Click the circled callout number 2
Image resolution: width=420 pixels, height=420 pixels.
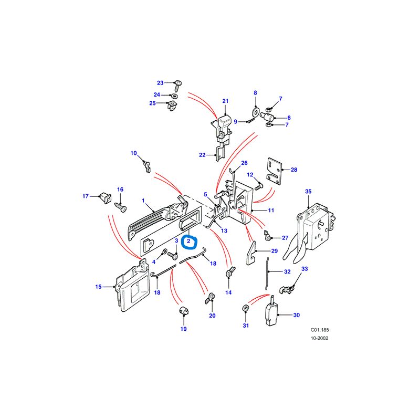coord(188,241)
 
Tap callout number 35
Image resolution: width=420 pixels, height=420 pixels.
coord(308,192)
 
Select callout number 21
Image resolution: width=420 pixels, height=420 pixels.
coord(226,101)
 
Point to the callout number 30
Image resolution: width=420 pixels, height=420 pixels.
coord(296,316)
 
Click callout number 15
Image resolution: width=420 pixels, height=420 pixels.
coord(98,287)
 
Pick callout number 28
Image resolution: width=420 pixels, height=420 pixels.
coord(294,170)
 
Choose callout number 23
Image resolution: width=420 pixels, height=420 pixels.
coord(161,82)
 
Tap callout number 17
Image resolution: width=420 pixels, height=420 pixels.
coord(86,197)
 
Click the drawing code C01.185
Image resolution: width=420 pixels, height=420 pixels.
coord(319,330)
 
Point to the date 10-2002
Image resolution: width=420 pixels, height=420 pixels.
coord(319,339)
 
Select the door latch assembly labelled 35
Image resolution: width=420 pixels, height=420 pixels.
coord(315,226)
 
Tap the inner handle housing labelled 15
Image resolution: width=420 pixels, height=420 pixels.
coord(131,289)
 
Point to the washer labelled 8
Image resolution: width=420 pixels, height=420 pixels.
coord(256,112)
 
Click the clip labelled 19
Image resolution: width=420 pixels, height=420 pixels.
coord(184,311)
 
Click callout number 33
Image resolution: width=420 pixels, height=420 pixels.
coord(304,269)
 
